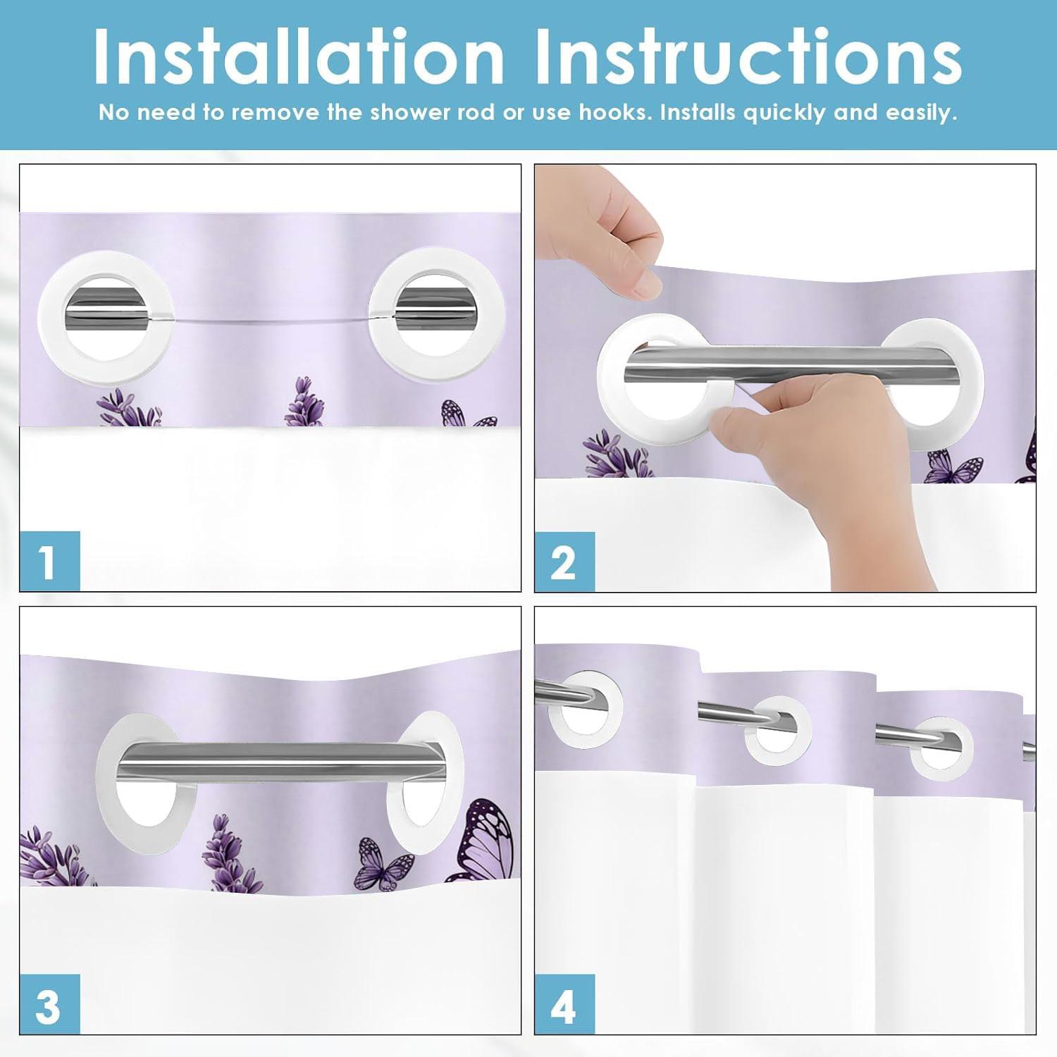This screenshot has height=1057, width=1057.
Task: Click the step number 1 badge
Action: (49, 561)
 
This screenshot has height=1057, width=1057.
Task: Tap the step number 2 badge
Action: (564, 562)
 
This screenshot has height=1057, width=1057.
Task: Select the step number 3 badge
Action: (49, 1004)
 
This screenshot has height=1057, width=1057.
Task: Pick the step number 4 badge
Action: (564, 1004)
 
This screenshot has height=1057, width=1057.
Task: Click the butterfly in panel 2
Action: (953, 467)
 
